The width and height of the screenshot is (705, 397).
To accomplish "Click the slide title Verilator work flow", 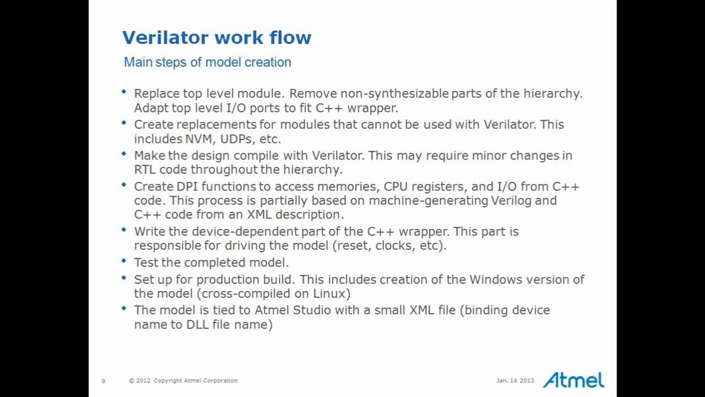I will (216, 37).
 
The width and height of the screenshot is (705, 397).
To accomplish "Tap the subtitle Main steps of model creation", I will (207, 62).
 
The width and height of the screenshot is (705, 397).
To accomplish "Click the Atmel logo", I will (573, 379).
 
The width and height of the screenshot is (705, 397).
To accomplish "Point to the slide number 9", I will (103, 380).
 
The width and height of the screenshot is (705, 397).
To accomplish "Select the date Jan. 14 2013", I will (515, 380).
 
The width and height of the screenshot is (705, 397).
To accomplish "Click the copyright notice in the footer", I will (183, 380).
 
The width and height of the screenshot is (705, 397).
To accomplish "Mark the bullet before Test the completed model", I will (123, 261).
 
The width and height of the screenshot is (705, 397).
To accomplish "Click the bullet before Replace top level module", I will (123, 92).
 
